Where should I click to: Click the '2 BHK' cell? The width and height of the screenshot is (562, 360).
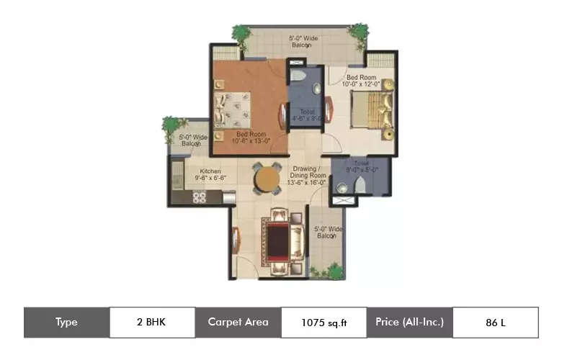pyautogui.click(x=152, y=323)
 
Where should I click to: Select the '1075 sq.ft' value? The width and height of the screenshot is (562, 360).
pyautogui.click(x=324, y=323)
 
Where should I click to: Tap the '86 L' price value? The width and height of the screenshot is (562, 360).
pyautogui.click(x=495, y=323)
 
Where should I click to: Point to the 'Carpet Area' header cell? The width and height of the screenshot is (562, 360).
pyautogui.click(x=238, y=323)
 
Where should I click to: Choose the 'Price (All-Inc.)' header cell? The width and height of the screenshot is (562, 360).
pyautogui.click(x=409, y=323)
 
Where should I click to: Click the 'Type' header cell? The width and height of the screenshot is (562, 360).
pyautogui.click(x=66, y=323)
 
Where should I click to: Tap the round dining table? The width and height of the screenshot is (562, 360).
pyautogui.click(x=267, y=178)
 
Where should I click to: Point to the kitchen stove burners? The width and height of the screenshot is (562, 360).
pyautogui.click(x=200, y=196)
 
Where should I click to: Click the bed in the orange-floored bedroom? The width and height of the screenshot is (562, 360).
pyautogui.click(x=235, y=108)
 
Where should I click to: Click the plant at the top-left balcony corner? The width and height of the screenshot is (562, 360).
pyautogui.click(x=241, y=33)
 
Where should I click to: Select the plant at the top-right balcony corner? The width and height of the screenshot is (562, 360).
pyautogui.click(x=358, y=32)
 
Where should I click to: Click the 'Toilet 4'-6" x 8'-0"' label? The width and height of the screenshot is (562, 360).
pyautogui.click(x=305, y=115)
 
